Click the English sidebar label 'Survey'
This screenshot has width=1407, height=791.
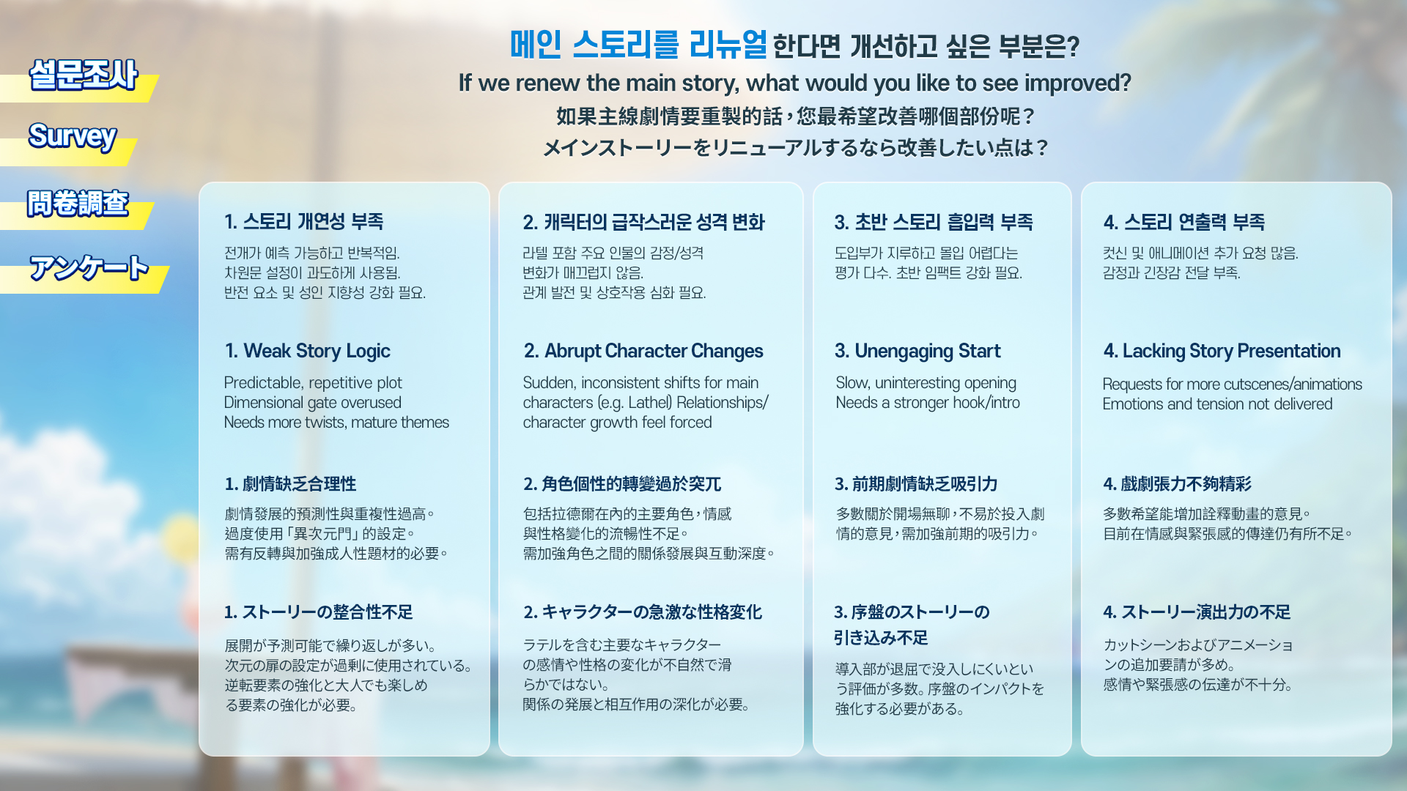73,136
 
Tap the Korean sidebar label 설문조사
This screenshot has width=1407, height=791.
84,75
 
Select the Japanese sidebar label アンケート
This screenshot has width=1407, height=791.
89,268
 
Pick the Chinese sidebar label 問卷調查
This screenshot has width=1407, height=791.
78,203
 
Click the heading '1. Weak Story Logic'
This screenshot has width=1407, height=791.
308,352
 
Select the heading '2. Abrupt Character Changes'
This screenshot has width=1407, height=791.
643,352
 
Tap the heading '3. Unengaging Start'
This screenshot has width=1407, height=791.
917,352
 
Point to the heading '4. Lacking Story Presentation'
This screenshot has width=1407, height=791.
1222,352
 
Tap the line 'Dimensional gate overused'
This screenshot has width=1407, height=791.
313,403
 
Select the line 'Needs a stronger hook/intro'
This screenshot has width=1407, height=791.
928,403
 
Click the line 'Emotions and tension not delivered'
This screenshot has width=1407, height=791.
1218,404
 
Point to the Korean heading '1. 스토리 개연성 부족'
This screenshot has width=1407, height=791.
304,222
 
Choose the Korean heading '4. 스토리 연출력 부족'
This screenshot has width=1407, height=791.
1184,222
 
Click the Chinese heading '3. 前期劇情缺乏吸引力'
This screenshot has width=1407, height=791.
916,484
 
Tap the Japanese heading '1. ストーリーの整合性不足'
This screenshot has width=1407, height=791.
319,612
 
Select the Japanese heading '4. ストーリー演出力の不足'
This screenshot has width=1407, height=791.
1197,612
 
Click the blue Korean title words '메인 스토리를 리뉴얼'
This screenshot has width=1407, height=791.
638,45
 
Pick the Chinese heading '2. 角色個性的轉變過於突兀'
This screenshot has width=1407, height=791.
622,484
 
